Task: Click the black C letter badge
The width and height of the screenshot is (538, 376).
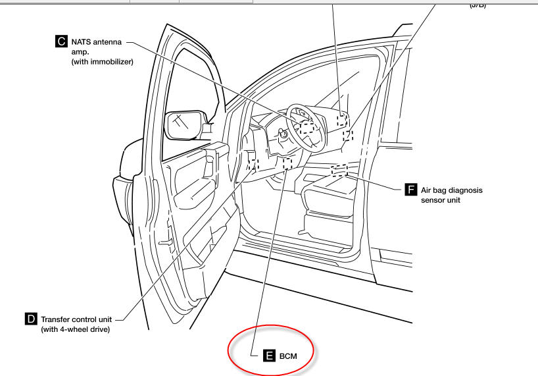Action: tap(61, 41)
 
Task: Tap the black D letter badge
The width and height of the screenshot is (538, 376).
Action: tap(31, 319)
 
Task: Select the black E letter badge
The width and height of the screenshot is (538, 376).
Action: tap(269, 356)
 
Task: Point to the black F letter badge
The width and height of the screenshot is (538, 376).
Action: tap(410, 190)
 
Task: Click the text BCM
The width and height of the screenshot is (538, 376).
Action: tap(289, 356)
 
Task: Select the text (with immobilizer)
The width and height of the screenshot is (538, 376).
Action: tap(103, 62)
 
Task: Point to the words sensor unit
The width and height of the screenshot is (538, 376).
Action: tap(439, 200)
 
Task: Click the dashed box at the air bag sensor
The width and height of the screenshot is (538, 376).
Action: tap(339, 170)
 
